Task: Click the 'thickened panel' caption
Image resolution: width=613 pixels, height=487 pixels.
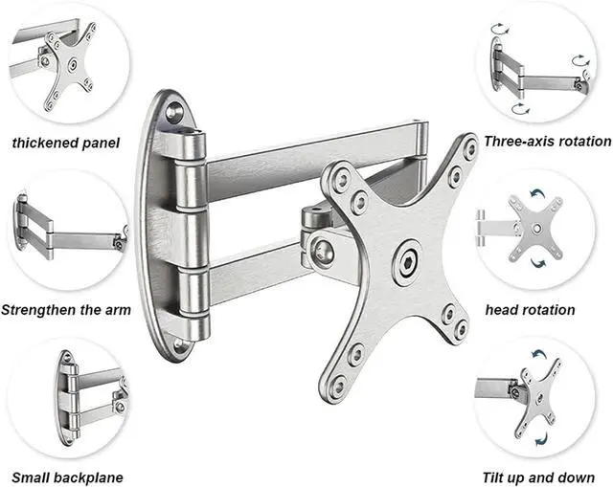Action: [x=66, y=143]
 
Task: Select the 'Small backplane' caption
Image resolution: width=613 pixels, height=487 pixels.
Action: [x=67, y=476]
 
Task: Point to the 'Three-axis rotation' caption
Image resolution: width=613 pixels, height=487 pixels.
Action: [x=547, y=141]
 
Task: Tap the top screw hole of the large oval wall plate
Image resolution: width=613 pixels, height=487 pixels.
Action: [x=173, y=112]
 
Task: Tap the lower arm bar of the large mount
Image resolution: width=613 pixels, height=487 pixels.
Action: [x=259, y=277]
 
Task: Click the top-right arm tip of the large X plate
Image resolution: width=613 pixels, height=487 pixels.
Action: [x=468, y=149]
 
